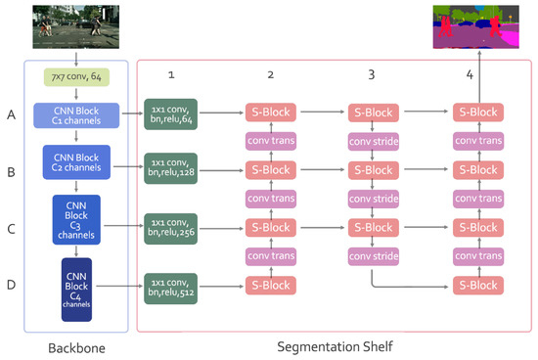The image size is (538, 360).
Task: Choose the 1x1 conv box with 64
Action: pyautogui.click(x=170, y=114)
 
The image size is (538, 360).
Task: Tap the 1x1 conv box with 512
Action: pyautogui.click(x=170, y=285)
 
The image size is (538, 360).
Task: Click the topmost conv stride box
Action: pyautogui.click(x=374, y=143)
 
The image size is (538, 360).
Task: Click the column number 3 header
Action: pyautogui.click(x=372, y=74)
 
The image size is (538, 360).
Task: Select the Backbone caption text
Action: pyautogui.click(x=75, y=347)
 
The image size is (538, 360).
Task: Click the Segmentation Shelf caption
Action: pyautogui.click(x=336, y=347)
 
